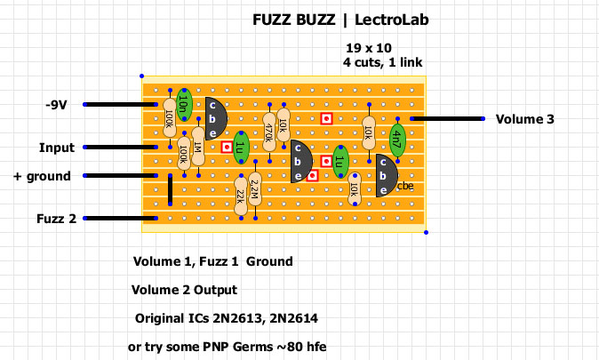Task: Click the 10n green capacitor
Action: click(x=183, y=106)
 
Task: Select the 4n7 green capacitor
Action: click(x=397, y=140)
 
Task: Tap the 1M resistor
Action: click(x=197, y=146)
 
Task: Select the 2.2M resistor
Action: click(x=255, y=190)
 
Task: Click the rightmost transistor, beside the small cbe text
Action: click(x=385, y=175)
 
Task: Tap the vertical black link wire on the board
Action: click(x=170, y=188)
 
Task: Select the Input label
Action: click(x=56, y=148)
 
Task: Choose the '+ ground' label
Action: click(x=42, y=176)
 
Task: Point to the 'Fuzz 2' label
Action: click(x=56, y=218)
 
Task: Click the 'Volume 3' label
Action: click(x=525, y=118)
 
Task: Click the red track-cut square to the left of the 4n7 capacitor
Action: click(x=326, y=118)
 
